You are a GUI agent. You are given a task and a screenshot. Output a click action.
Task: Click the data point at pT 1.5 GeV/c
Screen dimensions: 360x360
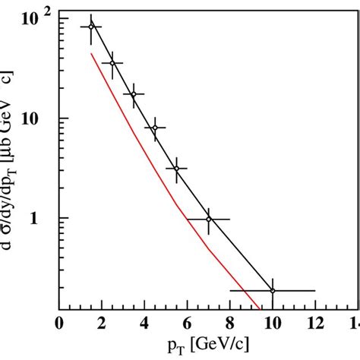pos(91,27)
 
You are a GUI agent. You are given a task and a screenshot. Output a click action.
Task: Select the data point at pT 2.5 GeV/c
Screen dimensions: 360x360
pos(112,63)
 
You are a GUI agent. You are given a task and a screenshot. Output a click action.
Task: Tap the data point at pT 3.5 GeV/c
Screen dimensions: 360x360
pos(134,95)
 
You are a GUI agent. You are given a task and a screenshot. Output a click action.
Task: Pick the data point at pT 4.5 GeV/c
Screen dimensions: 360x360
pos(155,128)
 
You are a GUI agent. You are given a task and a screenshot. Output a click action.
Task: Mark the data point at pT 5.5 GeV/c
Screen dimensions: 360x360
pos(176,169)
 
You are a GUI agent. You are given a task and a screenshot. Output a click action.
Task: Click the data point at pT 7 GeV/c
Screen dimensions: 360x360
pos(208,219)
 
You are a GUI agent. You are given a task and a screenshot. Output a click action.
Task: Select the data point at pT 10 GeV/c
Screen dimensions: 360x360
pos(272,290)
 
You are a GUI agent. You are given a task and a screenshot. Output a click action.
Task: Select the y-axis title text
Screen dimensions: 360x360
pos(11,152)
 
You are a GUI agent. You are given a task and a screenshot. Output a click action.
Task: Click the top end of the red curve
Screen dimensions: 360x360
pos(91,53)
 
